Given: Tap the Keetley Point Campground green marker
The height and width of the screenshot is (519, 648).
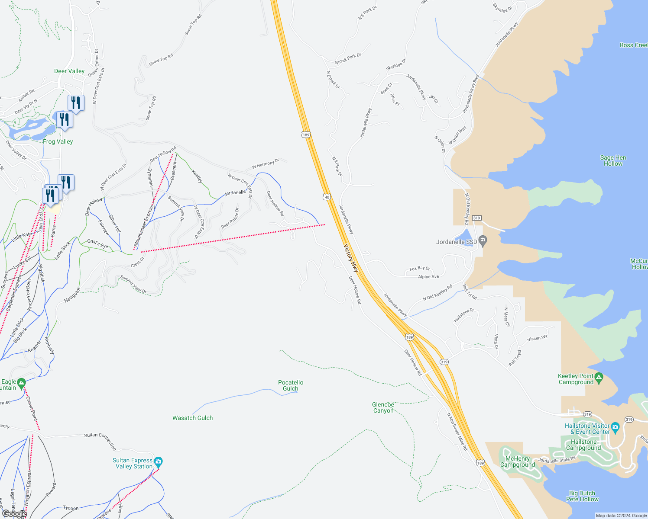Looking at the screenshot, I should (x=599, y=378).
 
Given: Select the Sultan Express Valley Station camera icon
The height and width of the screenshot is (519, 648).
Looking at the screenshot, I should (x=158, y=461).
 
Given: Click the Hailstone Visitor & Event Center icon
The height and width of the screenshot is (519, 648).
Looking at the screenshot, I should (x=616, y=427).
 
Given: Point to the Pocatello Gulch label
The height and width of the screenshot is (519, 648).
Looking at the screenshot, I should (x=291, y=385).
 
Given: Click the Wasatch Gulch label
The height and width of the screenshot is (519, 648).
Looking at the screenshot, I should (x=193, y=418).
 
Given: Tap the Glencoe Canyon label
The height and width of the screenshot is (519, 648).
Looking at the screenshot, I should (x=383, y=407).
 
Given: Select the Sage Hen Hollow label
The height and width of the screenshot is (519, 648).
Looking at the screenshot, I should (x=613, y=160).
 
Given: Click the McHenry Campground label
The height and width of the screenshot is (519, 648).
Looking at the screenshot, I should (x=518, y=461).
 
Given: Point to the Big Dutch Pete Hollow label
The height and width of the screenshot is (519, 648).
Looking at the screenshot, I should (x=582, y=496).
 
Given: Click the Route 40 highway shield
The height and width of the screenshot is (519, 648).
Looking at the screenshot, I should (x=327, y=197).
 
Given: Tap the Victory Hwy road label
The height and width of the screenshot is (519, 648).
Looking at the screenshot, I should (x=351, y=259).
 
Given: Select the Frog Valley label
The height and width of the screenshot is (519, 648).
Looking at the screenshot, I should (x=58, y=141).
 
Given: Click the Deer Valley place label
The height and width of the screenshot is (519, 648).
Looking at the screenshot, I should (x=69, y=71).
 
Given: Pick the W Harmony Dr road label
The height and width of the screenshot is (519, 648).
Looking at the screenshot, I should (x=266, y=164).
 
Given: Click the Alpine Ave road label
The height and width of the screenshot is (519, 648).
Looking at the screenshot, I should (x=428, y=277).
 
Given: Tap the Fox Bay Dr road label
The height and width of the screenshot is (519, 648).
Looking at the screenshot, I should (x=420, y=269).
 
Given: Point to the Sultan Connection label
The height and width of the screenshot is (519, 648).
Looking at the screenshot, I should (x=100, y=440).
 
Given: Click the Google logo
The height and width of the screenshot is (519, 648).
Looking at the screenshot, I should (x=14, y=514).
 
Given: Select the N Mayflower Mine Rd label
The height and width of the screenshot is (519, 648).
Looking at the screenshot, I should (x=457, y=432).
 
